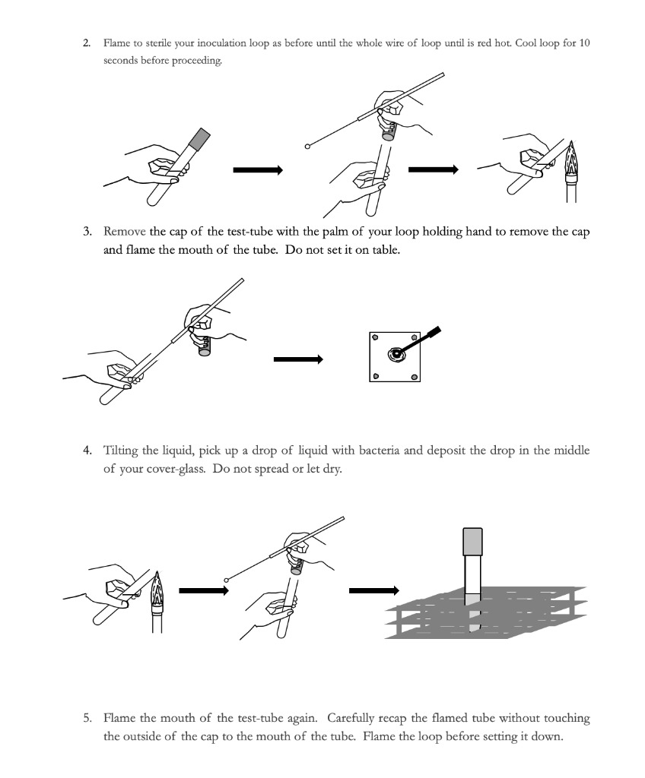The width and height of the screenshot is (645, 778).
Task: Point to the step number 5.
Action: [87, 717]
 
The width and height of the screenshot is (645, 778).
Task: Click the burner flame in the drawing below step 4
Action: [157, 587]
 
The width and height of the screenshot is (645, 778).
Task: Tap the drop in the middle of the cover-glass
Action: [396, 353]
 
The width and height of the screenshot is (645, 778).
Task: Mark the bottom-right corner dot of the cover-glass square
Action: [415, 377]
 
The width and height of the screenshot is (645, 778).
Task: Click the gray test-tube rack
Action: [487, 612]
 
